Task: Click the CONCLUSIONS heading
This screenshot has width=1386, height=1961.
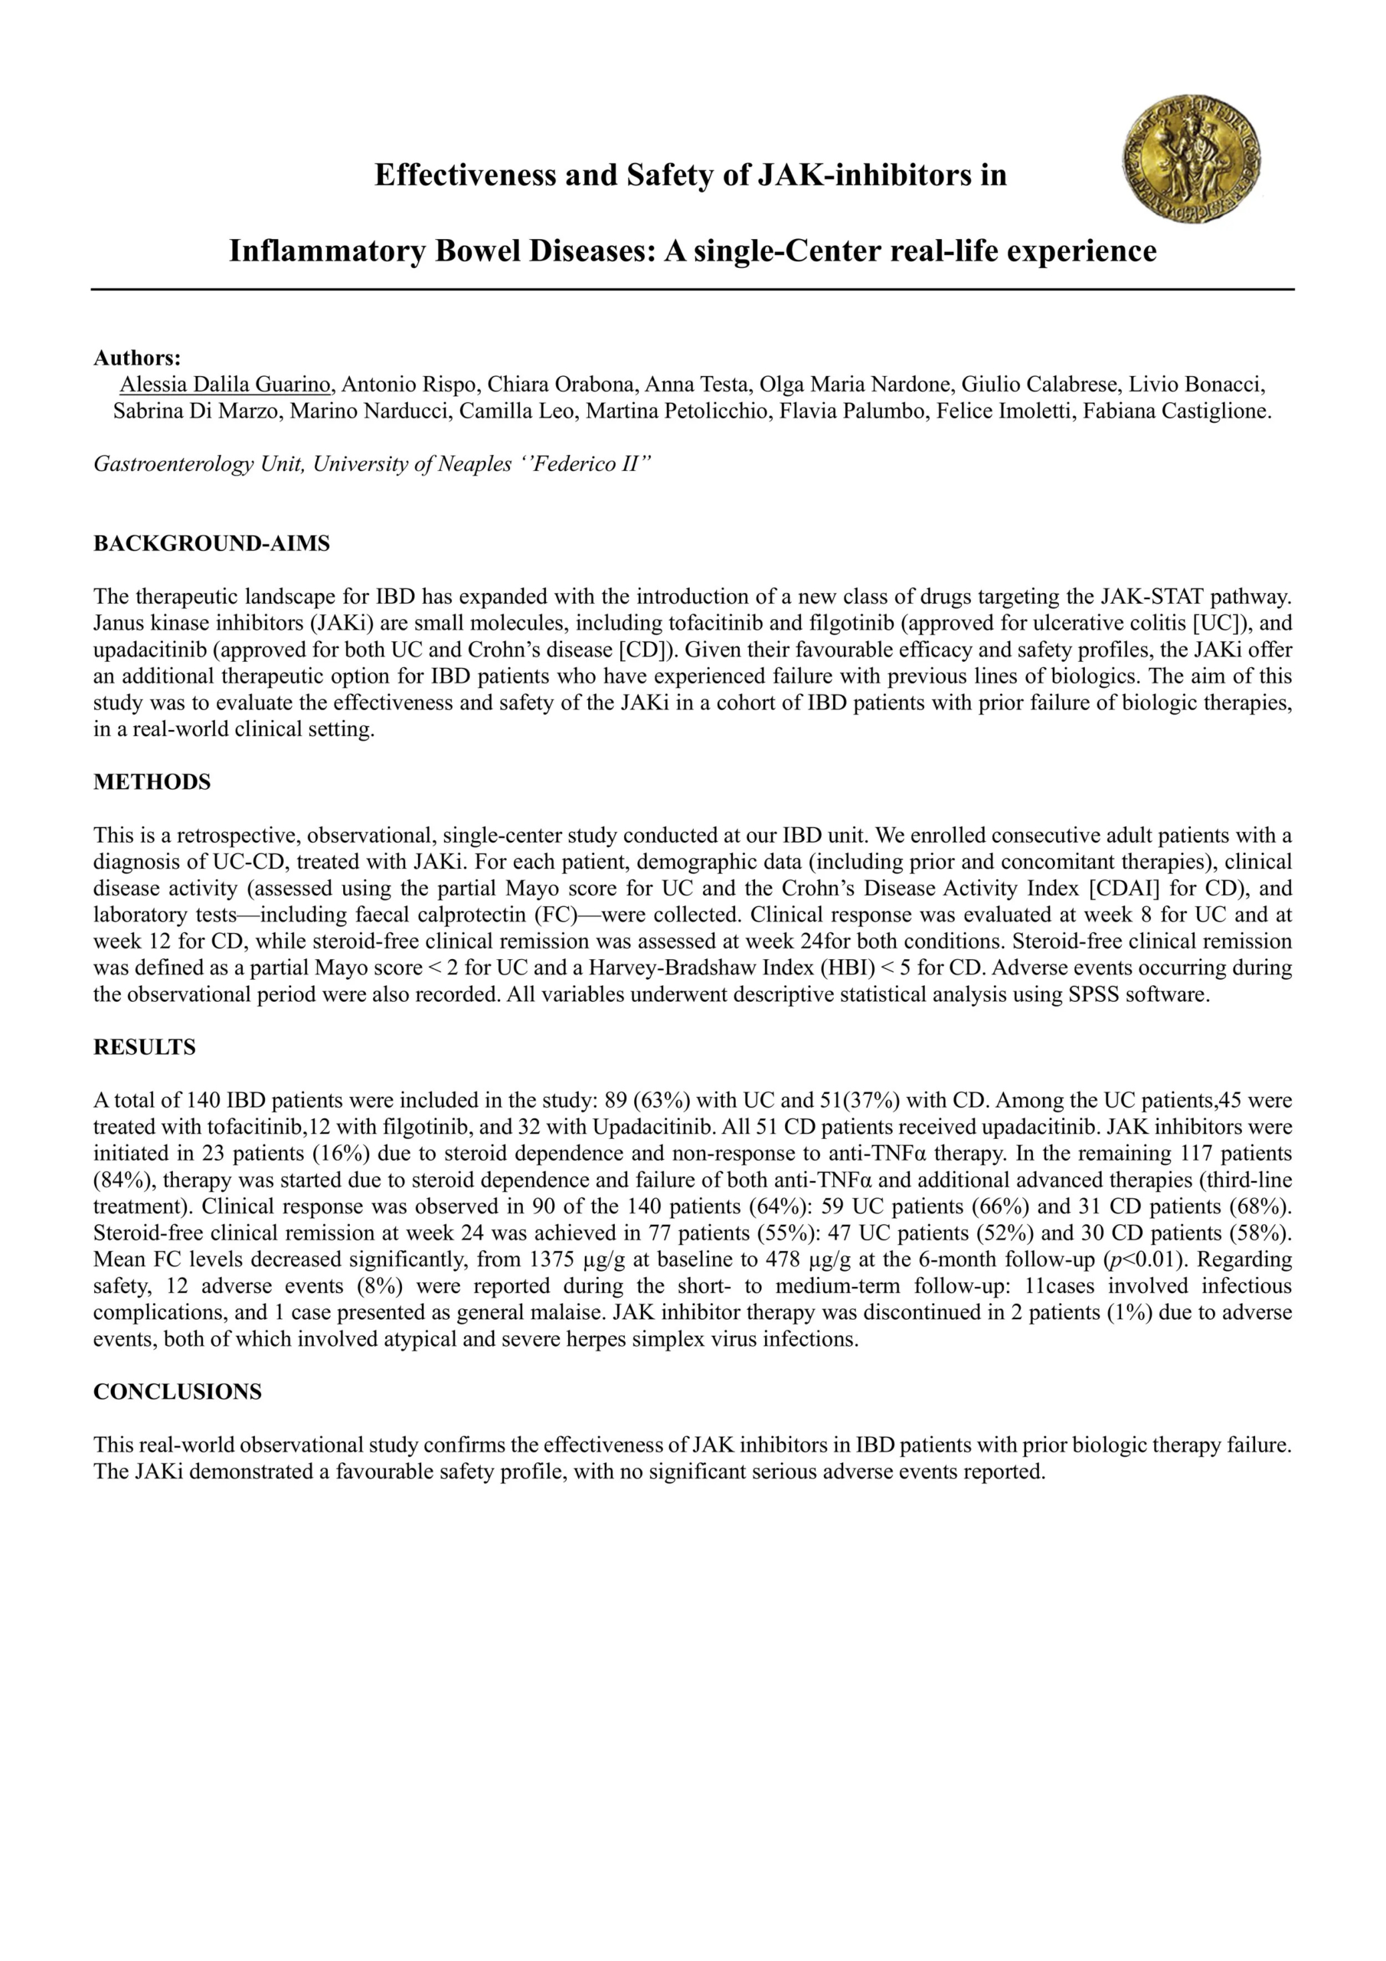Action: click(177, 1391)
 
